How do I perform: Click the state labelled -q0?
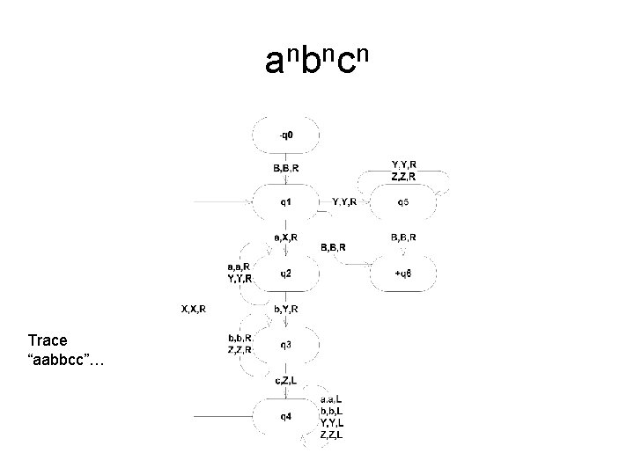pos(287,135)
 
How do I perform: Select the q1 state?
pos(287,202)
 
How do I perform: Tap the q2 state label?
pos(287,274)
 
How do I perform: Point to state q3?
pos(287,345)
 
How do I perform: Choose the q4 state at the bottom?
pos(287,414)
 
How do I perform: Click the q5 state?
pos(402,202)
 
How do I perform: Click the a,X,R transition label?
pos(286,237)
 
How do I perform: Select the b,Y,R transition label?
pos(286,309)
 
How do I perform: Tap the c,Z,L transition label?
pos(286,379)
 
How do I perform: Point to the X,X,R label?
pos(194,309)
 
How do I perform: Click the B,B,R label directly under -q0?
pos(286,167)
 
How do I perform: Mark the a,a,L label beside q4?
pos(333,399)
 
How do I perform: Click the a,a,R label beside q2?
pos(239,267)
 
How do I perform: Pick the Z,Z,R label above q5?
pos(404,176)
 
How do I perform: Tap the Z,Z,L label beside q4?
pos(333,435)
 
